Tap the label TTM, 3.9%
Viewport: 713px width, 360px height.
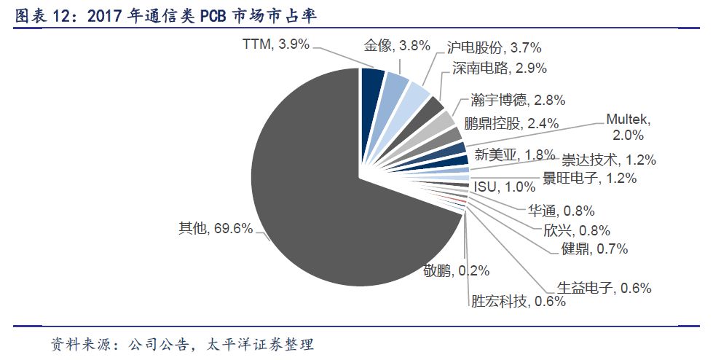coord(276,44)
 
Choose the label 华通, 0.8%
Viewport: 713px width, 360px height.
coord(560,211)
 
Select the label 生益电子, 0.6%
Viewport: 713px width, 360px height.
coord(604,287)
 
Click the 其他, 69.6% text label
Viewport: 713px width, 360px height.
coord(216,228)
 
